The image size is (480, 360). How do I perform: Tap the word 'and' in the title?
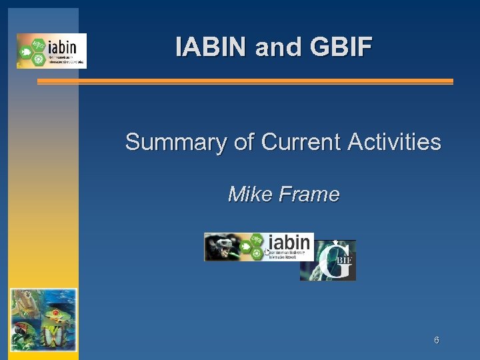[x=270, y=47]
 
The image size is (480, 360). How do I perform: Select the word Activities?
[x=396, y=142]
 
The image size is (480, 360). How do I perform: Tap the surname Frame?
[x=311, y=194]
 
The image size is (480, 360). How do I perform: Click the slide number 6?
[x=436, y=340]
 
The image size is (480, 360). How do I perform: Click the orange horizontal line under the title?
[x=245, y=81]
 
